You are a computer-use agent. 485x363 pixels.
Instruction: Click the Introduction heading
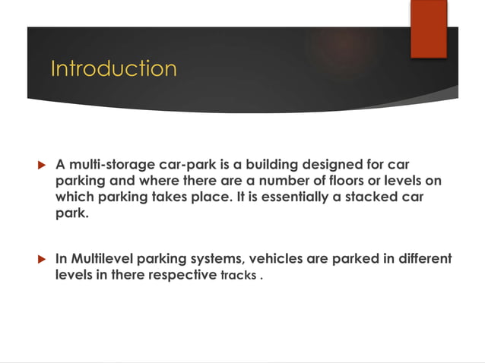pyautogui.click(x=113, y=68)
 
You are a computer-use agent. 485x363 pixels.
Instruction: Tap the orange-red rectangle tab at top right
pyautogui.click(x=429, y=28)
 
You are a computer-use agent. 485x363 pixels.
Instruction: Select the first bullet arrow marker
pyautogui.click(x=42, y=165)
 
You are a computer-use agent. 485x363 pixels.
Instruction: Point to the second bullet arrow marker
pyautogui.click(x=42, y=259)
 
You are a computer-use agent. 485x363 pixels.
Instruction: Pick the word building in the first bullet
pyautogui.click(x=269, y=165)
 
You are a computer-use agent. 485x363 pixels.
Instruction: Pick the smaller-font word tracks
pyautogui.click(x=238, y=276)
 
